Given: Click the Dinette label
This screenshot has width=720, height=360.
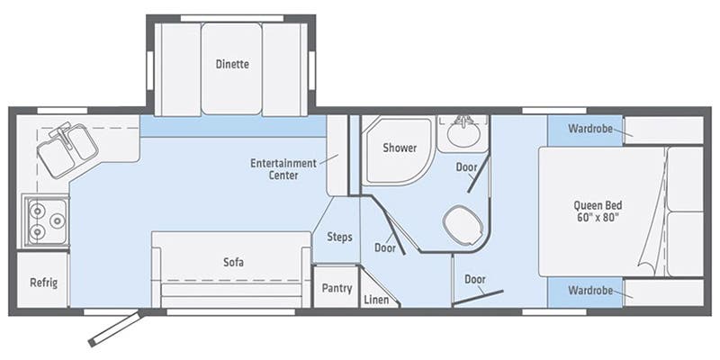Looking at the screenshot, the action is click(x=232, y=64).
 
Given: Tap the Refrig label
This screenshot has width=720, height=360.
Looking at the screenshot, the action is click(x=44, y=282).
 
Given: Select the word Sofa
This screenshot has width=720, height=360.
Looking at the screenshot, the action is click(x=233, y=262).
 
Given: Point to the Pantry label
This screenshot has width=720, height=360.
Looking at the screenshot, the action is click(x=337, y=288).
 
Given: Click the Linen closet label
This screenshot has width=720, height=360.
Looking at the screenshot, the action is click(x=376, y=301).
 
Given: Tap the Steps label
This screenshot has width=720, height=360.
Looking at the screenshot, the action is click(x=340, y=237).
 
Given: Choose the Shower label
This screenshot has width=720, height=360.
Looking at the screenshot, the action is click(x=400, y=148).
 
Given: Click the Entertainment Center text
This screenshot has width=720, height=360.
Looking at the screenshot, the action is click(x=283, y=169).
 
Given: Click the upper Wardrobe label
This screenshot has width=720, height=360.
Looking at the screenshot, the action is click(x=590, y=129).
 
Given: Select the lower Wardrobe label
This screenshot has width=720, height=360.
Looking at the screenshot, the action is click(x=590, y=291).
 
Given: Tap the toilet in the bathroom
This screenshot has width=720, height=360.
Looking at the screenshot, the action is click(x=463, y=225).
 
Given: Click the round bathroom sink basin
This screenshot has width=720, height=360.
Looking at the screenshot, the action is click(x=463, y=133).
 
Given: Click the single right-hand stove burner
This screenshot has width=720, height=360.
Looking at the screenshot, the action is click(x=58, y=221).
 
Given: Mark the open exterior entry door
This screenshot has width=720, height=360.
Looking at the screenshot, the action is click(x=115, y=328).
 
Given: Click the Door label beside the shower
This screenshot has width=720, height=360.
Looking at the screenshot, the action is click(x=466, y=167).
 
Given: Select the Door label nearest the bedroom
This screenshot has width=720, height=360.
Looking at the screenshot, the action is click(x=475, y=279).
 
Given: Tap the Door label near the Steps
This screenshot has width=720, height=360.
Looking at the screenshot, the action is click(x=385, y=248).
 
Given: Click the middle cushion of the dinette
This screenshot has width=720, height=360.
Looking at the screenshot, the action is click(x=232, y=68).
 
